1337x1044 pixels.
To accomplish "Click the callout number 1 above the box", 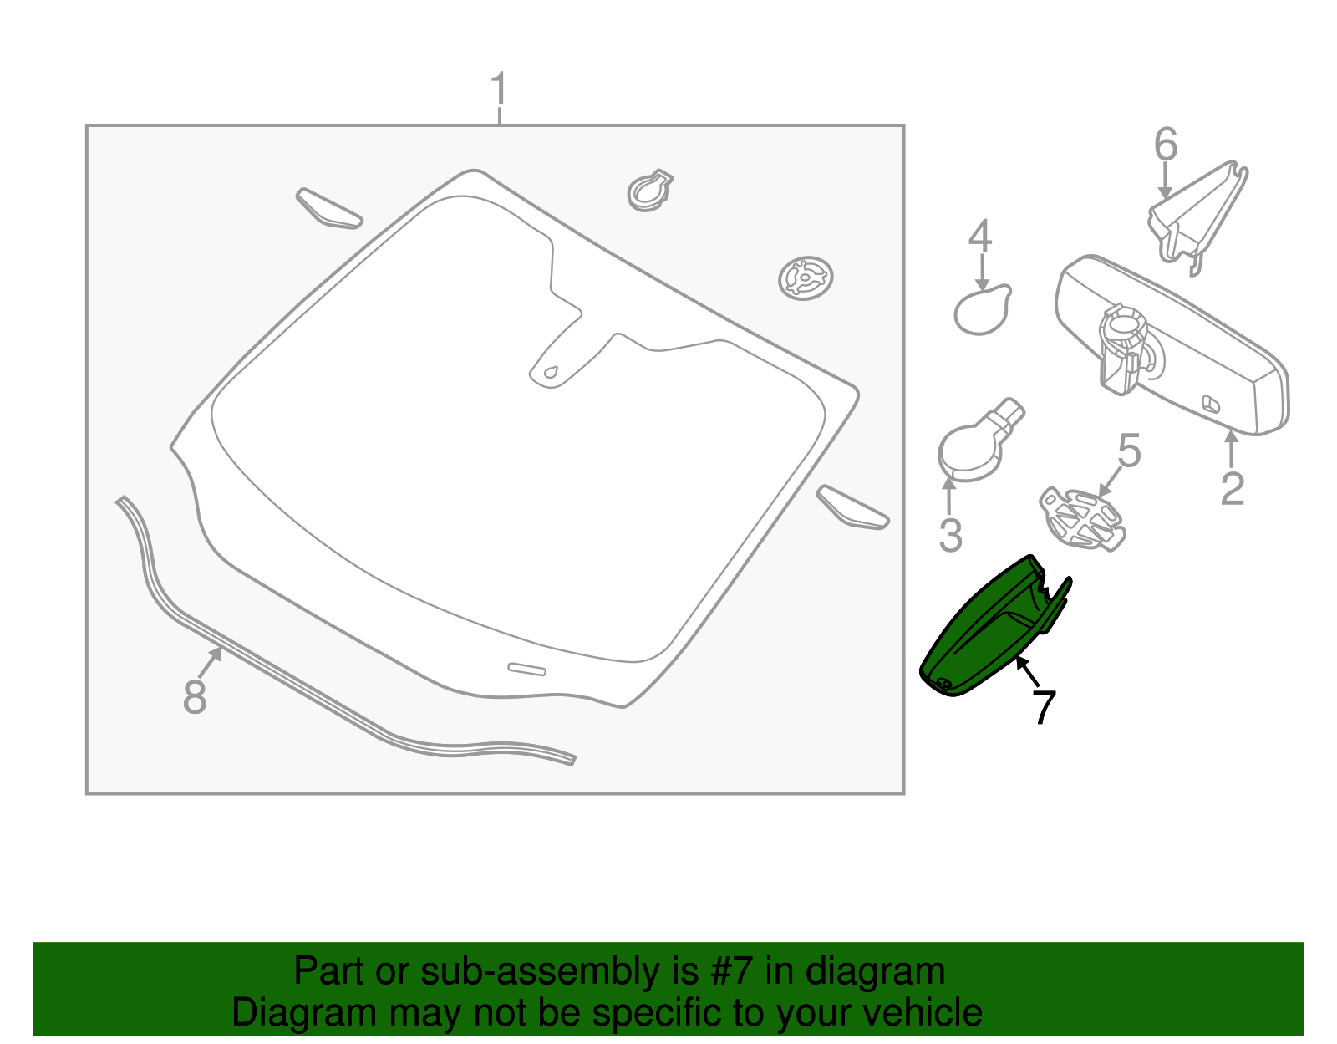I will coord(499,89).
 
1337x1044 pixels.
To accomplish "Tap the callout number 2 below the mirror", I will coord(1232,489).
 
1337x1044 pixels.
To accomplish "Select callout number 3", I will coord(950,536).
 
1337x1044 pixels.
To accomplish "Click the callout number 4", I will coord(980,237).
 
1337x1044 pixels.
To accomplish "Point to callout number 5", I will coord(1129,451).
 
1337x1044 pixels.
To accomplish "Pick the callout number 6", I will coord(1166,145).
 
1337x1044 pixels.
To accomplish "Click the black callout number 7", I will coord(1044,706).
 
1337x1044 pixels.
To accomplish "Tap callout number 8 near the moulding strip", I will coord(195,696).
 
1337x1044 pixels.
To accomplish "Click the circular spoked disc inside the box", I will coord(806,278).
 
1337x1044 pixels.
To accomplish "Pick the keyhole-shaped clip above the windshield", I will coord(649,191).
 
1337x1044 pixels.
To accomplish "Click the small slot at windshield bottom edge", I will coord(526,669).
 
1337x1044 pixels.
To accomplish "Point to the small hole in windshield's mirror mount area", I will coord(550,372).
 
